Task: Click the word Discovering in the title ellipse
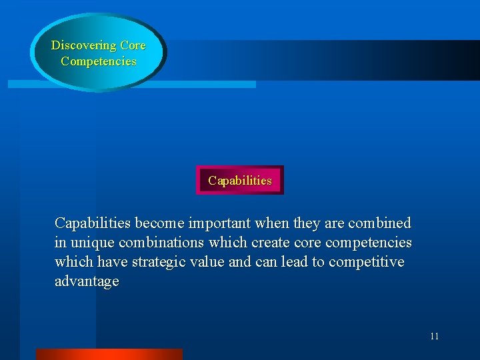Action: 84,46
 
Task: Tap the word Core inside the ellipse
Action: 133,46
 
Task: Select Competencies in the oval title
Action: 98,61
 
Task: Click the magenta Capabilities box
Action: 240,181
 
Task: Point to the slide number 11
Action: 434,336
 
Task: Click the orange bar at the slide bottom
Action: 109,354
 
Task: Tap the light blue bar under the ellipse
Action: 200,85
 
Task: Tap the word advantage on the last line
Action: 87,281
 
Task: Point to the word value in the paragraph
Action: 208,261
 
